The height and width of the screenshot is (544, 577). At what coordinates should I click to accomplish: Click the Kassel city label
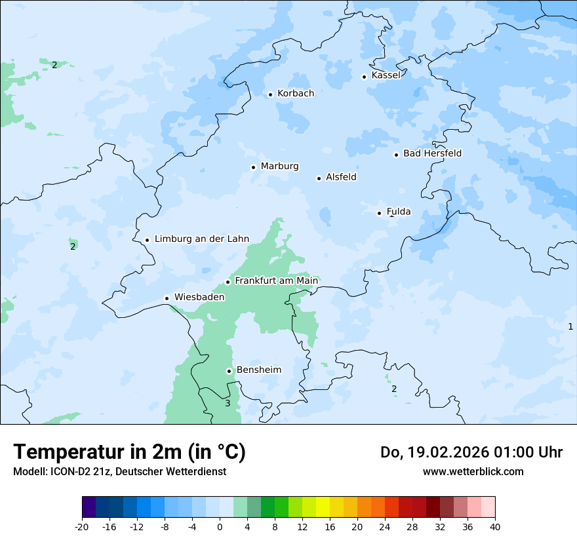pyautogui.click(x=386, y=75)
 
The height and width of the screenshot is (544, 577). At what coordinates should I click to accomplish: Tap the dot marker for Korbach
pyautogui.click(x=270, y=94)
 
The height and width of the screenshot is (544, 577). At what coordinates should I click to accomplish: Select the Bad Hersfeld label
pyautogui.click(x=432, y=153)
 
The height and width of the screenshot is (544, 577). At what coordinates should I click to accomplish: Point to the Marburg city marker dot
pyautogui.click(x=253, y=167)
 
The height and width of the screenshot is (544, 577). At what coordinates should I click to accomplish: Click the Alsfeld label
pyautogui.click(x=341, y=177)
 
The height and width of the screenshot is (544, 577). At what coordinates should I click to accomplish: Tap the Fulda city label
pyautogui.click(x=399, y=212)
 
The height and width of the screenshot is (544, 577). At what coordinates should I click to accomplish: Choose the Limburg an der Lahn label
pyautogui.click(x=201, y=239)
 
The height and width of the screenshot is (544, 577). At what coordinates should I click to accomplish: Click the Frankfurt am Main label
pyautogui.click(x=276, y=281)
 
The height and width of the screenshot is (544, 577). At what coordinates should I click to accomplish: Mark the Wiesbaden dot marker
pyautogui.click(x=167, y=298)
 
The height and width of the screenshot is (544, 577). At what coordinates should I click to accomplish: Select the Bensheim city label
pyautogui.click(x=258, y=370)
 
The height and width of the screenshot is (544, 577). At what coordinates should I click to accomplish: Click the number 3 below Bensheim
pyautogui.click(x=228, y=403)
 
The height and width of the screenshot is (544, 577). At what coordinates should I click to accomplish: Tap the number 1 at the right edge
pyautogui.click(x=570, y=326)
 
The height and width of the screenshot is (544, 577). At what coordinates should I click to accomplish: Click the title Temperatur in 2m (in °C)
pyautogui.click(x=129, y=452)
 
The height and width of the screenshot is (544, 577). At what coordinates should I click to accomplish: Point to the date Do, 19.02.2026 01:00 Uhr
pyautogui.click(x=471, y=452)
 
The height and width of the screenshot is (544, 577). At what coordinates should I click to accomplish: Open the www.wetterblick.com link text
pyautogui.click(x=473, y=471)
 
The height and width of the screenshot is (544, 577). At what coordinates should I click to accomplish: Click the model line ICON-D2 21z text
pyautogui.click(x=119, y=471)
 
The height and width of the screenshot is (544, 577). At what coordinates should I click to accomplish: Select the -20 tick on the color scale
pyautogui.click(x=82, y=526)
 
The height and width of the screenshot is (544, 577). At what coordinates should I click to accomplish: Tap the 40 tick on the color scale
pyautogui.click(x=495, y=526)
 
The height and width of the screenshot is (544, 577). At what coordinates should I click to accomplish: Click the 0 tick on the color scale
pyautogui.click(x=220, y=526)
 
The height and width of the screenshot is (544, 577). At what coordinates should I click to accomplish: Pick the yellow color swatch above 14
pyautogui.click(x=323, y=507)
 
